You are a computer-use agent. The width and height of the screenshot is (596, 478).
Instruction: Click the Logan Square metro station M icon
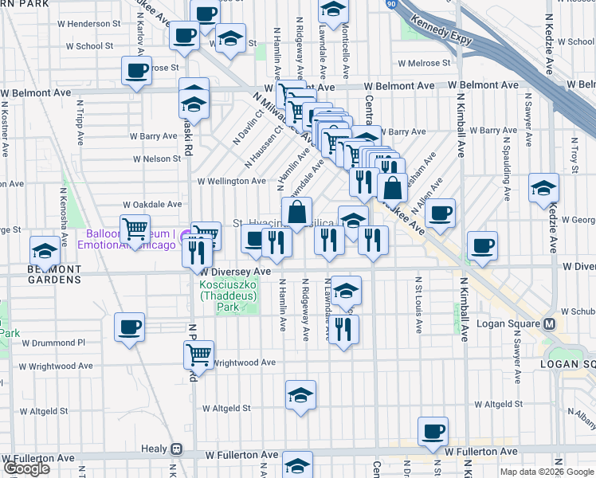click(549, 324)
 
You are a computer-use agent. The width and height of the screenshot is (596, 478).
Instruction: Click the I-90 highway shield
click(391, 5)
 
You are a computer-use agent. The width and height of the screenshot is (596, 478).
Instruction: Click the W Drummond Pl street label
click(53, 343)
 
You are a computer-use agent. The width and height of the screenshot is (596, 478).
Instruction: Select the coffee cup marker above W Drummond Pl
click(129, 327)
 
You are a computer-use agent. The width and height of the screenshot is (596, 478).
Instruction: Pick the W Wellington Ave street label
click(231, 181)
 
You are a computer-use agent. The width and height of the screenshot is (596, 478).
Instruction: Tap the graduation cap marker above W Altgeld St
click(300, 394)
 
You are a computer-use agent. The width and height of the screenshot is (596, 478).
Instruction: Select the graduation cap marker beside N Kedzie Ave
click(543, 188)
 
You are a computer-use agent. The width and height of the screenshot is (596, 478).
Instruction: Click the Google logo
click(25, 468)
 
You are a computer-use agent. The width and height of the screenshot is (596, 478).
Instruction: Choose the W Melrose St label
click(425, 63)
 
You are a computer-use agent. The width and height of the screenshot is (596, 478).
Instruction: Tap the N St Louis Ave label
click(418, 303)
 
